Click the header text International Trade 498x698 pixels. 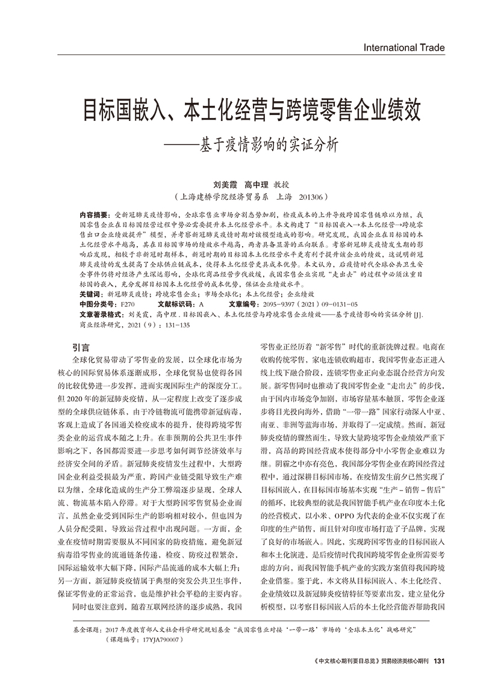(x=404, y=48)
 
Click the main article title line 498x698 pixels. (x=251, y=111)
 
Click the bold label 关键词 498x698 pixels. (x=90, y=294)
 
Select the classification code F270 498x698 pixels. (x=128, y=304)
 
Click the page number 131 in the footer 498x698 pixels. (x=439, y=660)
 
